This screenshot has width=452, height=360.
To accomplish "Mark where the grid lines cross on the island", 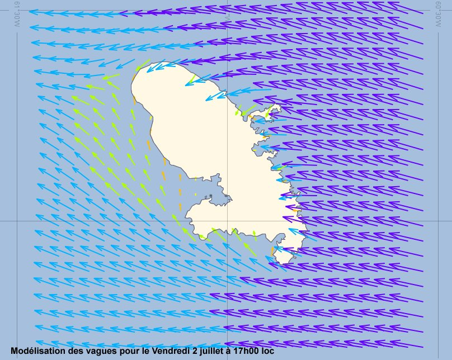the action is coord(228,220).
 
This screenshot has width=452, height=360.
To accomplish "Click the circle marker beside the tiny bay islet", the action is coord(211,196).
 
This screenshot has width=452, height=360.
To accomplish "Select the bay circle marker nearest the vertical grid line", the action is coord(225,196).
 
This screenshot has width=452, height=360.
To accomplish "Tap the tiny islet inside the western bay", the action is coord(206,197).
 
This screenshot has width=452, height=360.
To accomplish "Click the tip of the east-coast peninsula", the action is coord(279,106).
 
